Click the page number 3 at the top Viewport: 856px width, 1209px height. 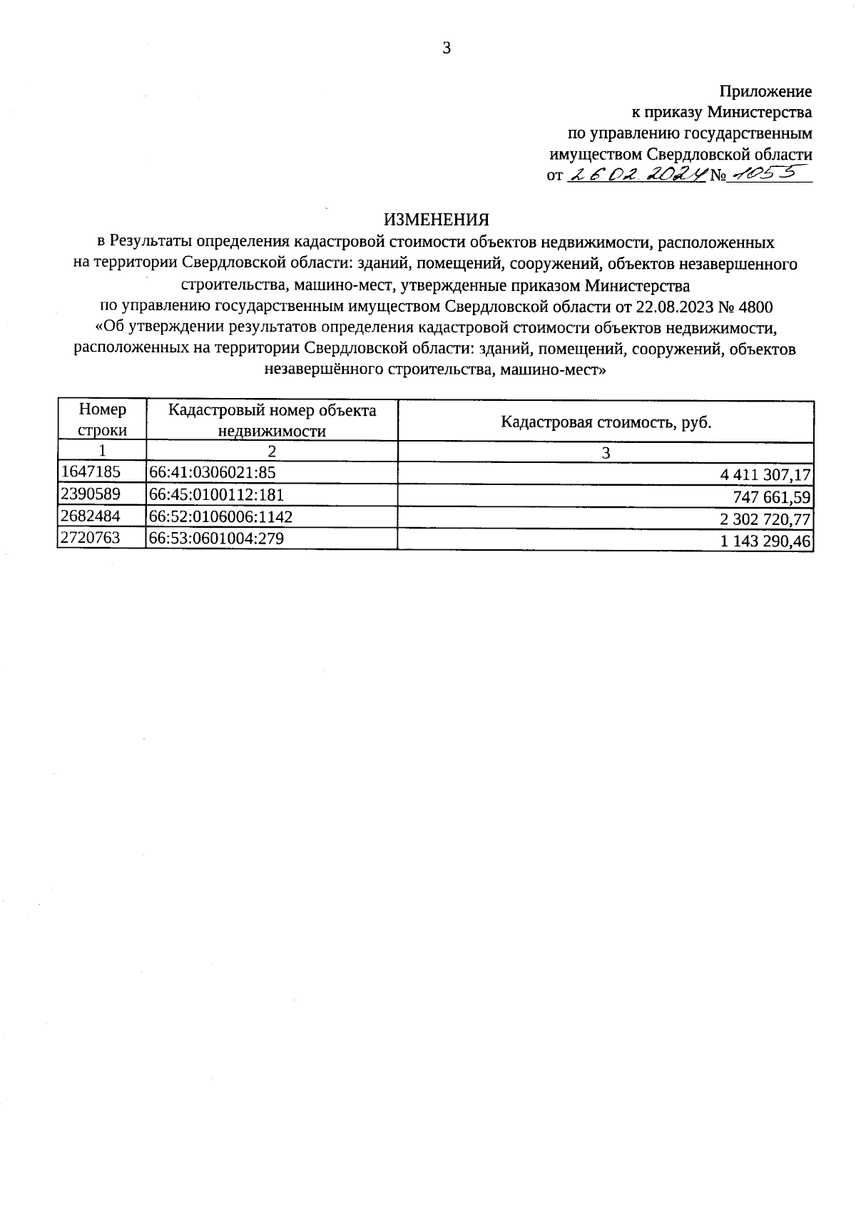pos(447,49)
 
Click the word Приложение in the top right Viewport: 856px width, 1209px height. pos(765,91)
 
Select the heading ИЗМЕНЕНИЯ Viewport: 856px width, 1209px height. pos(437,219)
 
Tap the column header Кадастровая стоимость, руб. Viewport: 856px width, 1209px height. pos(606,422)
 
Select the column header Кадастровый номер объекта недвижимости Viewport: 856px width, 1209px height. pos(272,420)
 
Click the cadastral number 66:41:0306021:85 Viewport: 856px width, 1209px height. pos(212,472)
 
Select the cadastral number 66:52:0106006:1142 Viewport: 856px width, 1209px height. pos(220,516)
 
